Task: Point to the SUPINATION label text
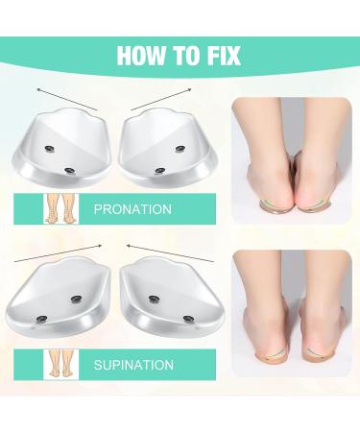coord(133,365)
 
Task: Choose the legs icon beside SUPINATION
coord(60,365)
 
